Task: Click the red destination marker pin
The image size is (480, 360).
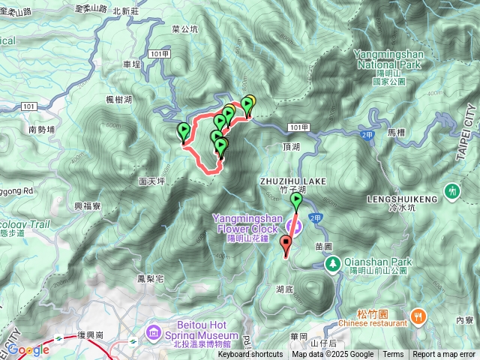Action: [285, 244]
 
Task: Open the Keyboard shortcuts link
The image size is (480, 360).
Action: [250, 355]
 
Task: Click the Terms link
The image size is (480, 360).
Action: [393, 355]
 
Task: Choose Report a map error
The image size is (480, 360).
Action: [444, 355]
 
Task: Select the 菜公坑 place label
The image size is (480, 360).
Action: [184, 30]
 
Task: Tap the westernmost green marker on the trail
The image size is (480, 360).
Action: [183, 131]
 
